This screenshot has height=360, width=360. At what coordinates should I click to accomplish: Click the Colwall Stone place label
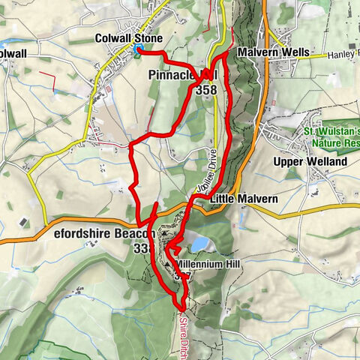click(130, 38)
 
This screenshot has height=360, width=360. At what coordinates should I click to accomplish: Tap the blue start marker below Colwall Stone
click(139, 51)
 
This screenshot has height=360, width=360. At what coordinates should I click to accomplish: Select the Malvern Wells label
click(268, 54)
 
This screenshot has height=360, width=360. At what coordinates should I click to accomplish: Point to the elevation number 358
click(205, 89)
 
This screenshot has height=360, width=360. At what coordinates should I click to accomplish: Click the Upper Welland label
click(310, 162)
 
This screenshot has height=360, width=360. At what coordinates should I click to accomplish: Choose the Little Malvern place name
click(244, 199)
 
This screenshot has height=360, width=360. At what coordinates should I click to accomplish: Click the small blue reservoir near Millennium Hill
click(199, 244)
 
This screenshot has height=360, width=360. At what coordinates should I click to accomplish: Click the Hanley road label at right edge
click(343, 54)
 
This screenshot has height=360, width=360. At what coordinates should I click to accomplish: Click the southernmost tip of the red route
click(182, 306)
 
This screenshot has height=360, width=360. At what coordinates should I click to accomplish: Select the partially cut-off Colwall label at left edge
click(13, 54)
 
